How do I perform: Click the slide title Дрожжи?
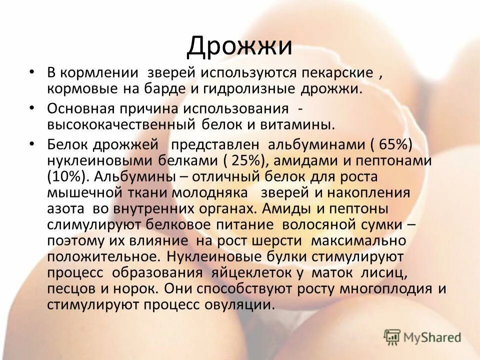pyautogui.click(x=239, y=46)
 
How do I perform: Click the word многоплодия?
pyautogui.click(x=393, y=289)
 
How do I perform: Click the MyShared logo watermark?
pyautogui.click(x=422, y=337)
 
